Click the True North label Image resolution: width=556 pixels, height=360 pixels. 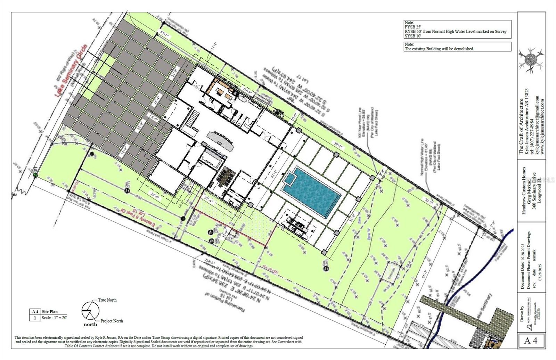[x=107, y=300]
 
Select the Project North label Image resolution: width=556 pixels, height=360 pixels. [x=112, y=321]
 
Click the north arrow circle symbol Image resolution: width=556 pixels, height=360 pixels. [x=90, y=310]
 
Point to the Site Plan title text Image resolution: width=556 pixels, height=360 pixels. [x=50, y=312]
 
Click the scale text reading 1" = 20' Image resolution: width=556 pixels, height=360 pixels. [x=55, y=318]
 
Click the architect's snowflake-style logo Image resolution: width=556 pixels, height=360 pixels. [x=531, y=61]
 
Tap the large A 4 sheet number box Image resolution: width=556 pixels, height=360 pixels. [x=531, y=341]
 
